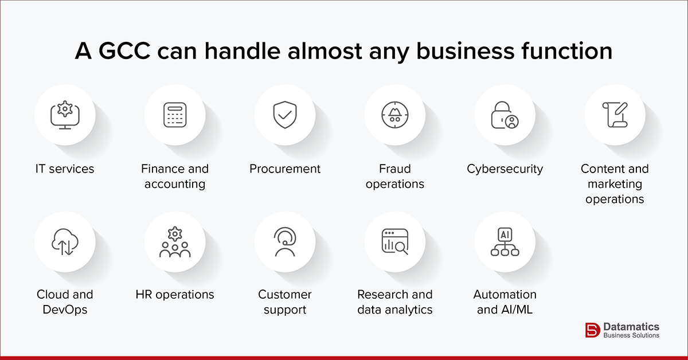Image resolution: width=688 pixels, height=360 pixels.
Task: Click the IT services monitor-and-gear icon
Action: coord(65,115)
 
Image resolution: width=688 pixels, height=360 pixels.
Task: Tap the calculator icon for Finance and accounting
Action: coord(175,115)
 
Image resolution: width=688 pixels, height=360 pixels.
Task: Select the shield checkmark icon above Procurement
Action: coord(285,115)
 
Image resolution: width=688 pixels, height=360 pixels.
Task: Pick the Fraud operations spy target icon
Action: coord(394,115)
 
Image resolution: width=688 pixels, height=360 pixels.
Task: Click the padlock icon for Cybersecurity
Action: coord(505,115)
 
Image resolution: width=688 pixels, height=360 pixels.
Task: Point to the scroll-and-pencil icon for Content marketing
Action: coord(615,115)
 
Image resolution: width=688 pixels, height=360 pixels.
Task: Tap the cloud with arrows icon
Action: coord(65,241)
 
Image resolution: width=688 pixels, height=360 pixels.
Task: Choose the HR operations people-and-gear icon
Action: coord(175,241)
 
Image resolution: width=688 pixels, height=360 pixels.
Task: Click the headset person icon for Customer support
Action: coord(285,241)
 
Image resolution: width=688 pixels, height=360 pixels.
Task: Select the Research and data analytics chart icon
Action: coord(394,241)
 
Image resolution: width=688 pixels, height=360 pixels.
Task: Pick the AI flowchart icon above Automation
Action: coord(505,241)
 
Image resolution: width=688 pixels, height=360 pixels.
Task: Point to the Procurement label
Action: coord(285,169)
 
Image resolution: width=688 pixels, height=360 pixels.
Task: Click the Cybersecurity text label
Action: coord(505,169)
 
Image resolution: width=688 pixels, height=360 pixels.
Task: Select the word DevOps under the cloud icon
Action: coord(65,310)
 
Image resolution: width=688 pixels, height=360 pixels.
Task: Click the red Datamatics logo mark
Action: coord(592,330)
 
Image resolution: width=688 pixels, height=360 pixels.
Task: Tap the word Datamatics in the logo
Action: coord(631,326)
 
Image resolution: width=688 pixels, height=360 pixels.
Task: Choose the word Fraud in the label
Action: coord(394,169)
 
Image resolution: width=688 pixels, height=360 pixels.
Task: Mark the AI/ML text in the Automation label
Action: coord(517,310)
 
